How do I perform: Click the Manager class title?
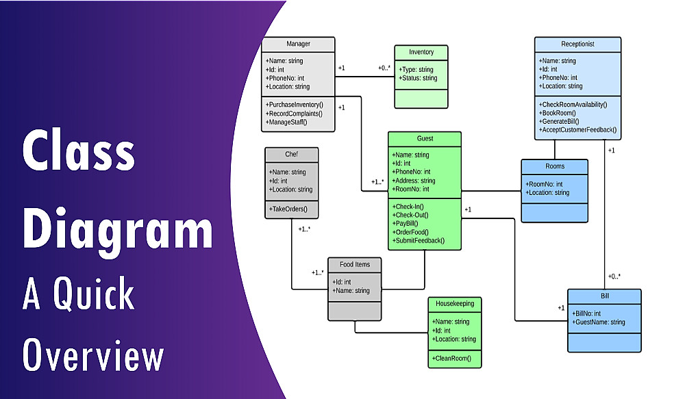click(298, 44)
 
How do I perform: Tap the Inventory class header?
click(421, 52)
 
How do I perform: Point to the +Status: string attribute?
click(418, 78)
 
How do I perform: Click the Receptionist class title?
click(577, 44)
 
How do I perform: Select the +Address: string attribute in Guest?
click(414, 181)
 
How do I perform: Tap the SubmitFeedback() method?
click(419, 240)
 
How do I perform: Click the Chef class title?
click(292, 153)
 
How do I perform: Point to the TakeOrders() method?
click(288, 209)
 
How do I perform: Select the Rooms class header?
click(554, 166)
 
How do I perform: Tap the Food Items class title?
click(354, 264)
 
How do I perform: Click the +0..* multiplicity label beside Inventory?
click(384, 68)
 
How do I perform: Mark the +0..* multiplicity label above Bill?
click(614, 276)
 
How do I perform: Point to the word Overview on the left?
click(93, 357)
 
